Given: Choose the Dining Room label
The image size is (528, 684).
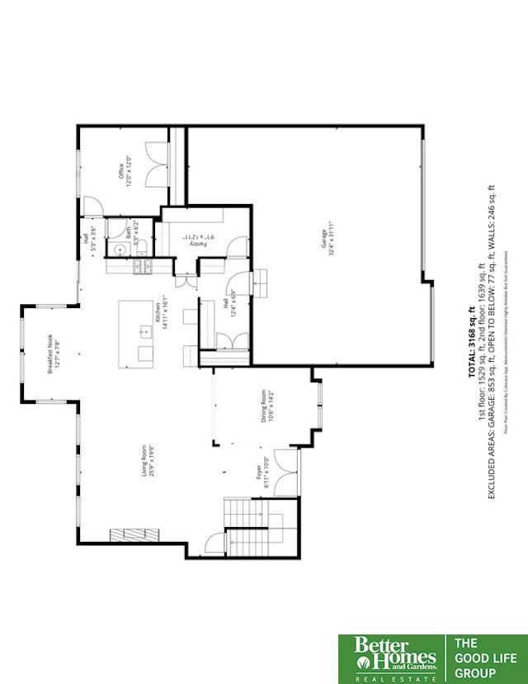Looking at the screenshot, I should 266,406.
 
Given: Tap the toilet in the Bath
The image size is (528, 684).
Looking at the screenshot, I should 140,245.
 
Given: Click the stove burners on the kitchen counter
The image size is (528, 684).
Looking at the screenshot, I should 141,267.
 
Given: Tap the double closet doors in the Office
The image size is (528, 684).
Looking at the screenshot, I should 154,164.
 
